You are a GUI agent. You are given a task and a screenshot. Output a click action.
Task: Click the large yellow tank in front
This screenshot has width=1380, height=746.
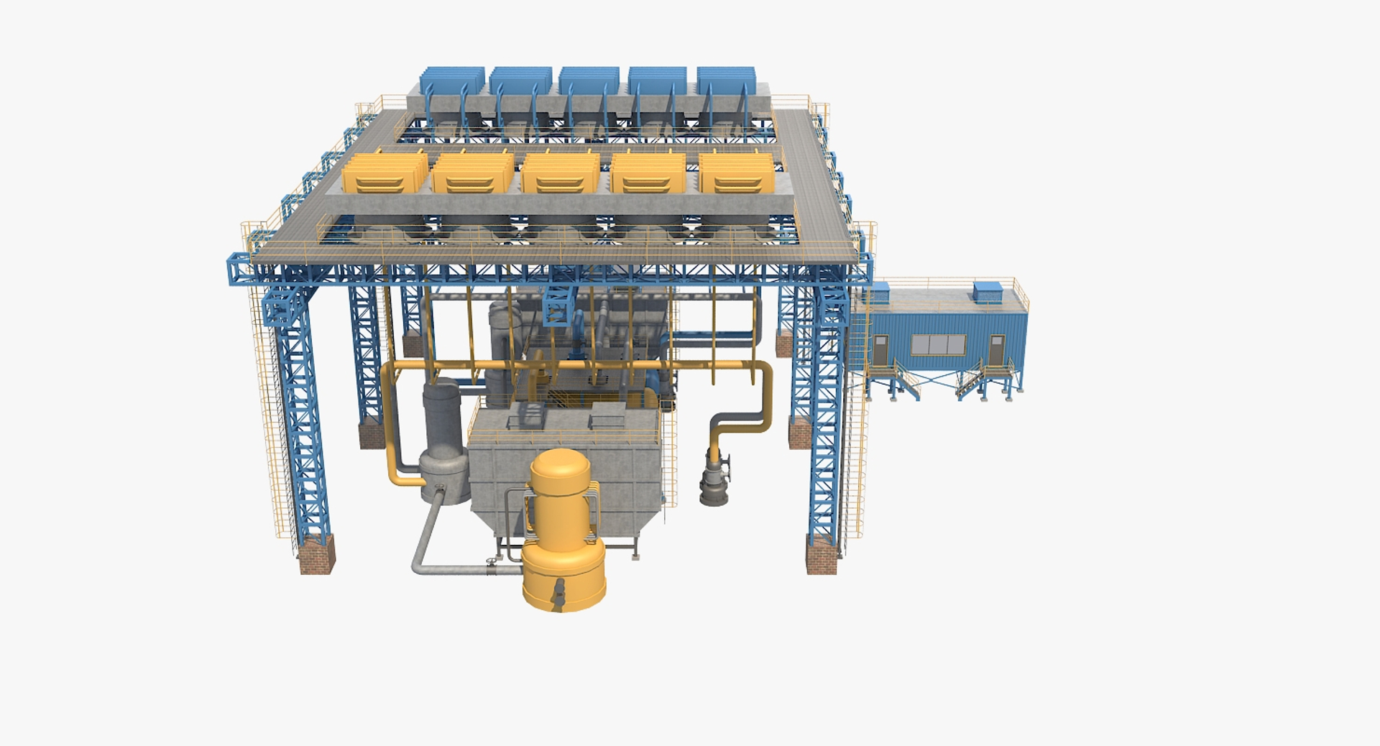[x=562, y=532]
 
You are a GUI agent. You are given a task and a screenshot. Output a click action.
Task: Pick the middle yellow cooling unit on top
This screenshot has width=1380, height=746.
[x=560, y=174]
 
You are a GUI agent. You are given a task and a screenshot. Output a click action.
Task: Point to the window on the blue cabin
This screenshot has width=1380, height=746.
[x=938, y=345]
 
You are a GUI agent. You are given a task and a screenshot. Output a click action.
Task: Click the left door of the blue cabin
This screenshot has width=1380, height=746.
[x=880, y=350]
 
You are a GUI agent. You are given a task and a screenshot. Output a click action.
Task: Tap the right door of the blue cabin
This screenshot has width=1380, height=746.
[x=995, y=351]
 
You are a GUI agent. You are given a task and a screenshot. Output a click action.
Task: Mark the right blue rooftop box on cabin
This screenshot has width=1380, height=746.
[x=988, y=291]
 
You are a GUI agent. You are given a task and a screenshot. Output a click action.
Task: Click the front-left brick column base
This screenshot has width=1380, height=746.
[x=316, y=554]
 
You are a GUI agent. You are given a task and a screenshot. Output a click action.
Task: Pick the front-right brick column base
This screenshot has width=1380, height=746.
[x=821, y=556]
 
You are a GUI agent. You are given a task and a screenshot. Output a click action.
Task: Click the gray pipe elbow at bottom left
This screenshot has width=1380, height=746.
[x=419, y=565]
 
